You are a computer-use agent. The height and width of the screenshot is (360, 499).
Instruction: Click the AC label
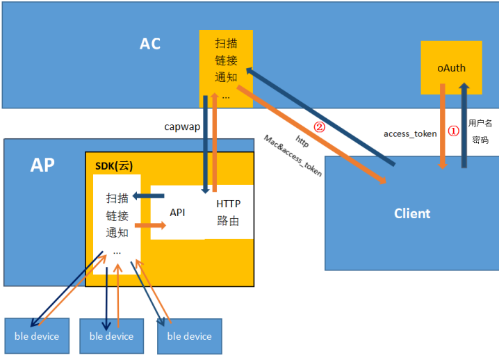[x=150, y=44]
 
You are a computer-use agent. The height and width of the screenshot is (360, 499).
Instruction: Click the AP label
[x=42, y=165]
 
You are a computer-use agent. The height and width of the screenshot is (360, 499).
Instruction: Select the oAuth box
[x=451, y=67]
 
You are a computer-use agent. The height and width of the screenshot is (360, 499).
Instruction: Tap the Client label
[x=412, y=213]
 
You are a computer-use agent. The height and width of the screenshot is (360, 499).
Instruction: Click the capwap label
[x=182, y=126]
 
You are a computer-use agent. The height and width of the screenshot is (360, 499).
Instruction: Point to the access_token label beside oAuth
[x=410, y=133]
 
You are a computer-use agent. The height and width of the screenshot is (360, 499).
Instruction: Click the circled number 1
[x=453, y=131]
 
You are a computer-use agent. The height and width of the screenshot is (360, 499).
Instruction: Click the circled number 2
[x=320, y=127]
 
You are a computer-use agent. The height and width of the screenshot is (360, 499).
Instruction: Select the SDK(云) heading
[x=113, y=165]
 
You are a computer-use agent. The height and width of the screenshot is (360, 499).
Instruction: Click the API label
[x=177, y=213]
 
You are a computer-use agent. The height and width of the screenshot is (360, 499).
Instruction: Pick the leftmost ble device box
[x=37, y=336]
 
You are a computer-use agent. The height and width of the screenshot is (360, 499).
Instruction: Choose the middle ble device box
[x=111, y=336]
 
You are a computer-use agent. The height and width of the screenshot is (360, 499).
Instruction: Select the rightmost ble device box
[x=189, y=336]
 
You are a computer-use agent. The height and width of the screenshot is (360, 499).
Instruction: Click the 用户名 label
[x=480, y=123]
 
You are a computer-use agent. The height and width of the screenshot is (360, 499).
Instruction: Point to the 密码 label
[x=480, y=140]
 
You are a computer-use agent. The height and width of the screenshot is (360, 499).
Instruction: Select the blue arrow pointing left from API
[x=149, y=197]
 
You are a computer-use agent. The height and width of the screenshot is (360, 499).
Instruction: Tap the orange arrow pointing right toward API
[x=149, y=225]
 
